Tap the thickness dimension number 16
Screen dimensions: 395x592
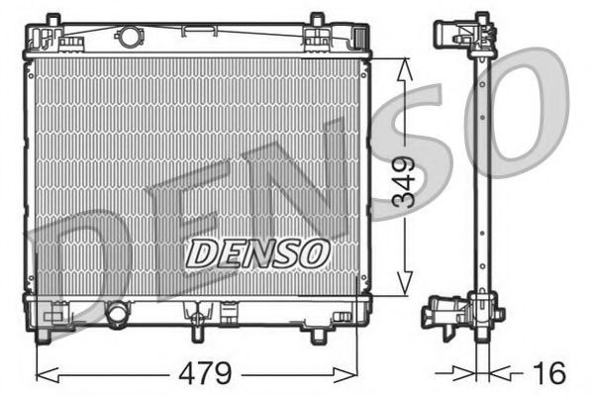(549, 373)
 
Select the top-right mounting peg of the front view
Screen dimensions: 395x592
(316, 20)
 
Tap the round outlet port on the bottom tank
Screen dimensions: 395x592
(118, 314)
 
